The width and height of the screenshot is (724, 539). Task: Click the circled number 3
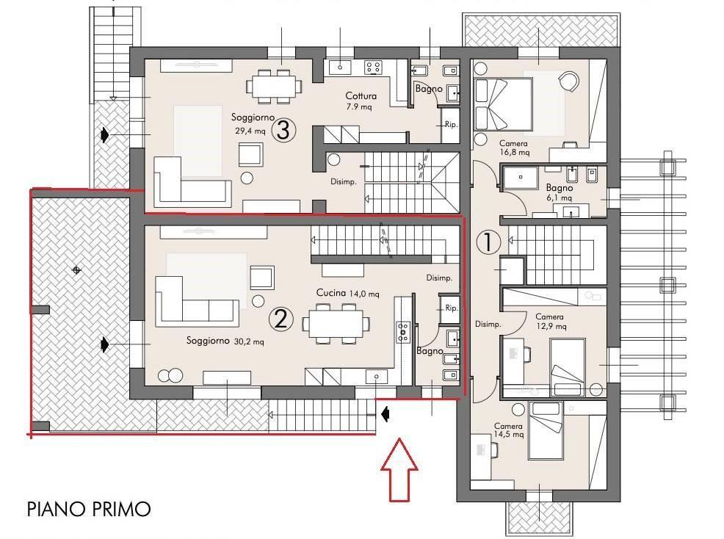pos(283,130)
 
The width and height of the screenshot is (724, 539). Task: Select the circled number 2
pos(280,319)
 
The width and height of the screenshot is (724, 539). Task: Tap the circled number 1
pos(488,242)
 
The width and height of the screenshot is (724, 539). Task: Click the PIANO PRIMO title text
pos(89,509)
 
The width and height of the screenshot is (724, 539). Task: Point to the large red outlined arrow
pos(399,470)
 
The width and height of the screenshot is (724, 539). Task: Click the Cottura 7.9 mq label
pos(361,101)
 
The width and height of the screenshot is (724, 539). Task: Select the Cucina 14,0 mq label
pos(348,293)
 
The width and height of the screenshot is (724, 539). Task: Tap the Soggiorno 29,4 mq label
pos(252,124)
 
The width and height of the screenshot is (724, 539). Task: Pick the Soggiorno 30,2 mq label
pos(225,341)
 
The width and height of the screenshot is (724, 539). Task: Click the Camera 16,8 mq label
pos(514,148)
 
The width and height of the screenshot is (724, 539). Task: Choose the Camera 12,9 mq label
pos(550,322)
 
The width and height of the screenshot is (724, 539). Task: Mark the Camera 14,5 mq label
pos(508,430)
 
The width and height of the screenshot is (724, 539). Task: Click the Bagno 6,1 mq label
pos(560,192)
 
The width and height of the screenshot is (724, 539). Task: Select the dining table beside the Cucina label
pos(336,323)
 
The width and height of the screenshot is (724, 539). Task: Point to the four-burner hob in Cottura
pos(373,68)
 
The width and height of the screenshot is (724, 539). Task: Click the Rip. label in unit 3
pos(451,124)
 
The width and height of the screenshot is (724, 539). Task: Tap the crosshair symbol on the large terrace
pos(76,270)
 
